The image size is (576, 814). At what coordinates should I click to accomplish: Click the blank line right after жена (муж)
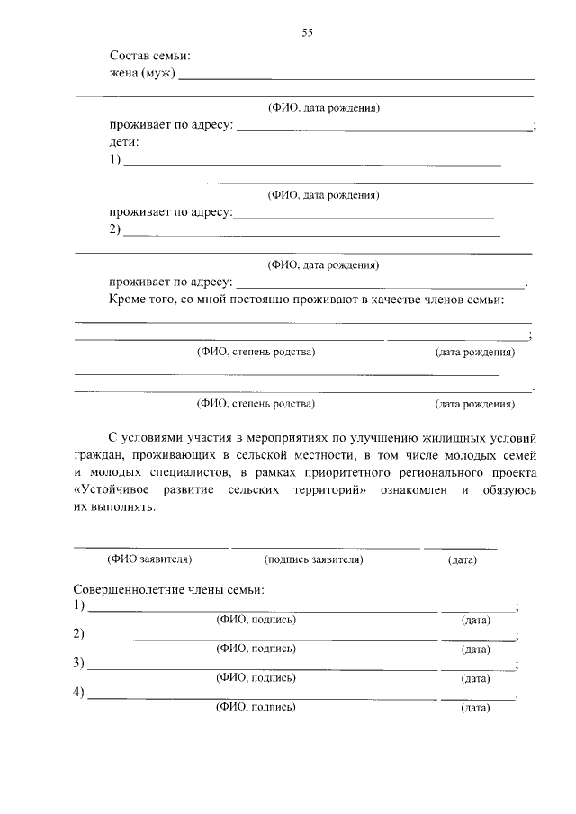(356, 78)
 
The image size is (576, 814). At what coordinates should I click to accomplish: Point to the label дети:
(124, 142)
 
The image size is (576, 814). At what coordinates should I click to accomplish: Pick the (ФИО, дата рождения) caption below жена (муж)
(323, 108)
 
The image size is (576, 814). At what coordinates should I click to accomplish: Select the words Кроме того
(140, 299)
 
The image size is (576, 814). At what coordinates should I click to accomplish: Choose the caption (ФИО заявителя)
(149, 559)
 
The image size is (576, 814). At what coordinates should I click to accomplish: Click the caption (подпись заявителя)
(313, 559)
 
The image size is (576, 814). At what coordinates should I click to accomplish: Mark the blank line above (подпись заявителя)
(325, 547)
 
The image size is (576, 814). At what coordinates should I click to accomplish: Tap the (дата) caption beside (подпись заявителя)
(462, 560)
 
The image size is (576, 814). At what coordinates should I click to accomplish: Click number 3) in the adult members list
(79, 664)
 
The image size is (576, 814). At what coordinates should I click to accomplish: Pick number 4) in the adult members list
(79, 693)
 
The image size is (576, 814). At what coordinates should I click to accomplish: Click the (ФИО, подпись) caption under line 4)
(256, 708)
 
